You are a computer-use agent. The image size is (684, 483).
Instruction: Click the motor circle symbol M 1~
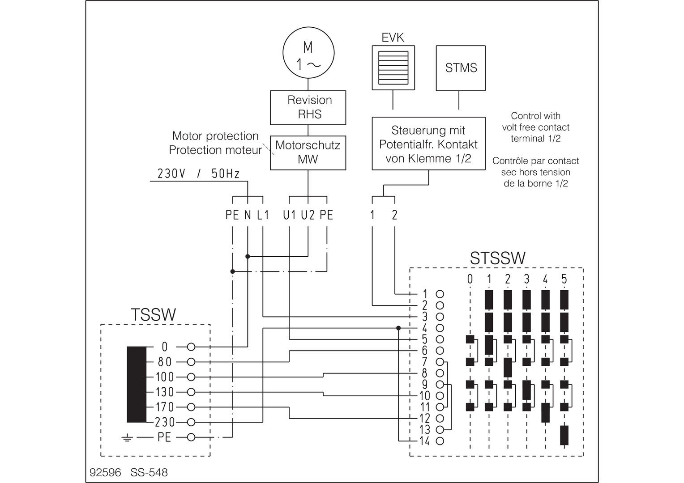pyautogui.click(x=308, y=53)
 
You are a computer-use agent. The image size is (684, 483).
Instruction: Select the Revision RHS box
pyautogui.click(x=308, y=107)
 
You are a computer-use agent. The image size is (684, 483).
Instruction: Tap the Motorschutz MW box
pyautogui.click(x=308, y=153)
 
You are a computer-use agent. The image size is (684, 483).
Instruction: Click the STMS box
pyautogui.click(x=461, y=68)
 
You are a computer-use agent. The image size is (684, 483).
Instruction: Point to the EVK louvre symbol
pyautogui.click(x=393, y=68)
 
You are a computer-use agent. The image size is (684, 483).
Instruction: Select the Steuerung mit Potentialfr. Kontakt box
pyautogui.click(x=428, y=144)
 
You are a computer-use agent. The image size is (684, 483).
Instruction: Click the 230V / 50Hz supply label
pyautogui.click(x=198, y=174)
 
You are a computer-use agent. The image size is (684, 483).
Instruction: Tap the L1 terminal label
pyautogui.click(x=263, y=215)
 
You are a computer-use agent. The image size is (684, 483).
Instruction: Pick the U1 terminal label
pyautogui.click(x=290, y=215)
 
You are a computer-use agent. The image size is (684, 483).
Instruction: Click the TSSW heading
pyautogui.click(x=153, y=314)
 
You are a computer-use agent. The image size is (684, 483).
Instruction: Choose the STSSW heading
pyautogui.click(x=497, y=258)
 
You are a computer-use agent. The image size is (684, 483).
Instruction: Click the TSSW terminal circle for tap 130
pyautogui.click(x=191, y=392)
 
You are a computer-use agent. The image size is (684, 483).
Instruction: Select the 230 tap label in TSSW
pyautogui.click(x=165, y=422)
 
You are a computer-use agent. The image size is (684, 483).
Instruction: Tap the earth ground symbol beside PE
pyautogui.click(x=127, y=437)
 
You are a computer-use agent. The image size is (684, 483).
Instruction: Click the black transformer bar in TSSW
pyautogui.click(x=137, y=384)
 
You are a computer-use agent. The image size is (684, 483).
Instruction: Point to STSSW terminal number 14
pyautogui.click(x=424, y=441)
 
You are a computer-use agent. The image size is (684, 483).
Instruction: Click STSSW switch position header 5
pyautogui.click(x=564, y=279)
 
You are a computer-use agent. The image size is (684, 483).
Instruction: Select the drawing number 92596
pyautogui.click(x=105, y=472)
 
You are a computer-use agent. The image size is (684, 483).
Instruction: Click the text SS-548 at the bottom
pyautogui.click(x=149, y=472)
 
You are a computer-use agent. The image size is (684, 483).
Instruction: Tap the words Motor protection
pyautogui.click(x=215, y=136)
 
